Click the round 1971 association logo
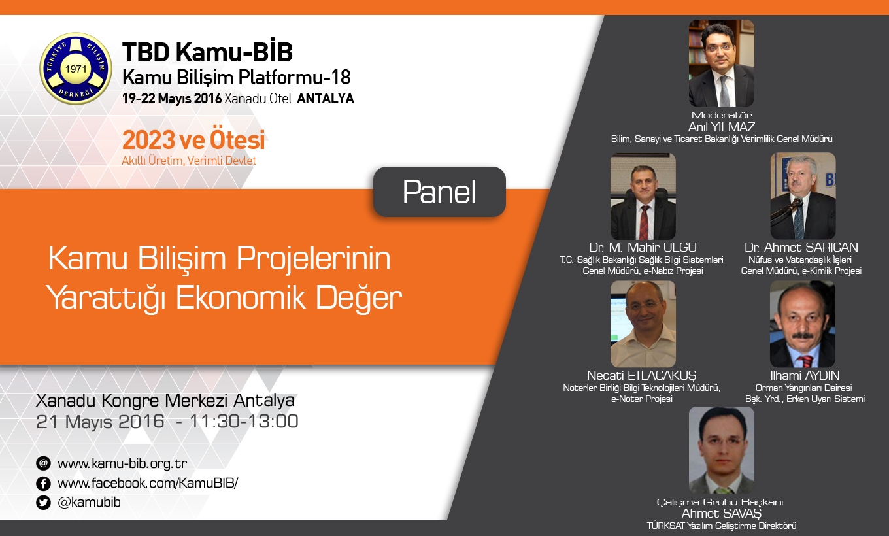point(76,68)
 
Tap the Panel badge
point(439,192)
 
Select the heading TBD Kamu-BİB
point(207,52)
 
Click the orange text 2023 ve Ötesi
point(193,140)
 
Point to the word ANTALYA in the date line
point(326,99)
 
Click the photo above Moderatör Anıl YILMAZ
point(721,63)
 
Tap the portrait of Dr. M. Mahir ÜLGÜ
point(643,196)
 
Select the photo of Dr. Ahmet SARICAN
point(803,196)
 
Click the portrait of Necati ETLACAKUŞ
point(643,324)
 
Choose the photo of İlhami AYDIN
point(803,324)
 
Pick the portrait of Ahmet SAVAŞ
point(721,450)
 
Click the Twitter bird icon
point(43,503)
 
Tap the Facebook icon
point(43,483)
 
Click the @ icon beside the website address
point(43,463)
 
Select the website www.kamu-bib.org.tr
point(122,463)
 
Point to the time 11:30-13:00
point(244,422)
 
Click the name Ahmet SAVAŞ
point(722,513)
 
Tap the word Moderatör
point(722,115)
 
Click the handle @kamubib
point(89,502)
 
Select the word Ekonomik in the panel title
point(241,297)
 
